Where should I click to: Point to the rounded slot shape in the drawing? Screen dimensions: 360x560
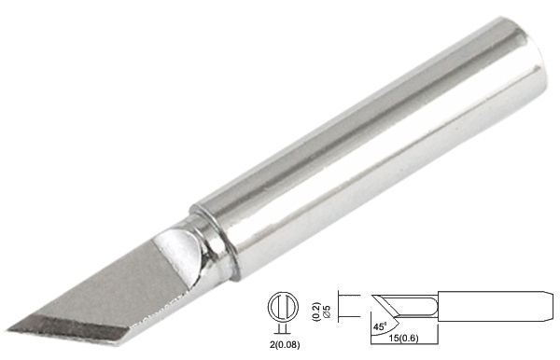(415, 305)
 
